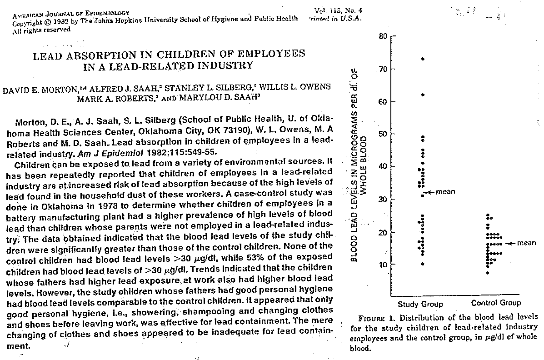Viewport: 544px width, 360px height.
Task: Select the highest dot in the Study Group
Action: [x=423, y=59]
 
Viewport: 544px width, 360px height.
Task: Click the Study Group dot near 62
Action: [x=423, y=95]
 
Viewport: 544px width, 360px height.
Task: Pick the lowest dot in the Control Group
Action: [x=488, y=273]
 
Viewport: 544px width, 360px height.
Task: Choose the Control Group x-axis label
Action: [x=496, y=303]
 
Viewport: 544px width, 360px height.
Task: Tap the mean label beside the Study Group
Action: [x=445, y=192]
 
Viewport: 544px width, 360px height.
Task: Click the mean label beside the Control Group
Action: [x=527, y=243]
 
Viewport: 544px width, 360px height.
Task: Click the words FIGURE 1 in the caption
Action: [x=374, y=316]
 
